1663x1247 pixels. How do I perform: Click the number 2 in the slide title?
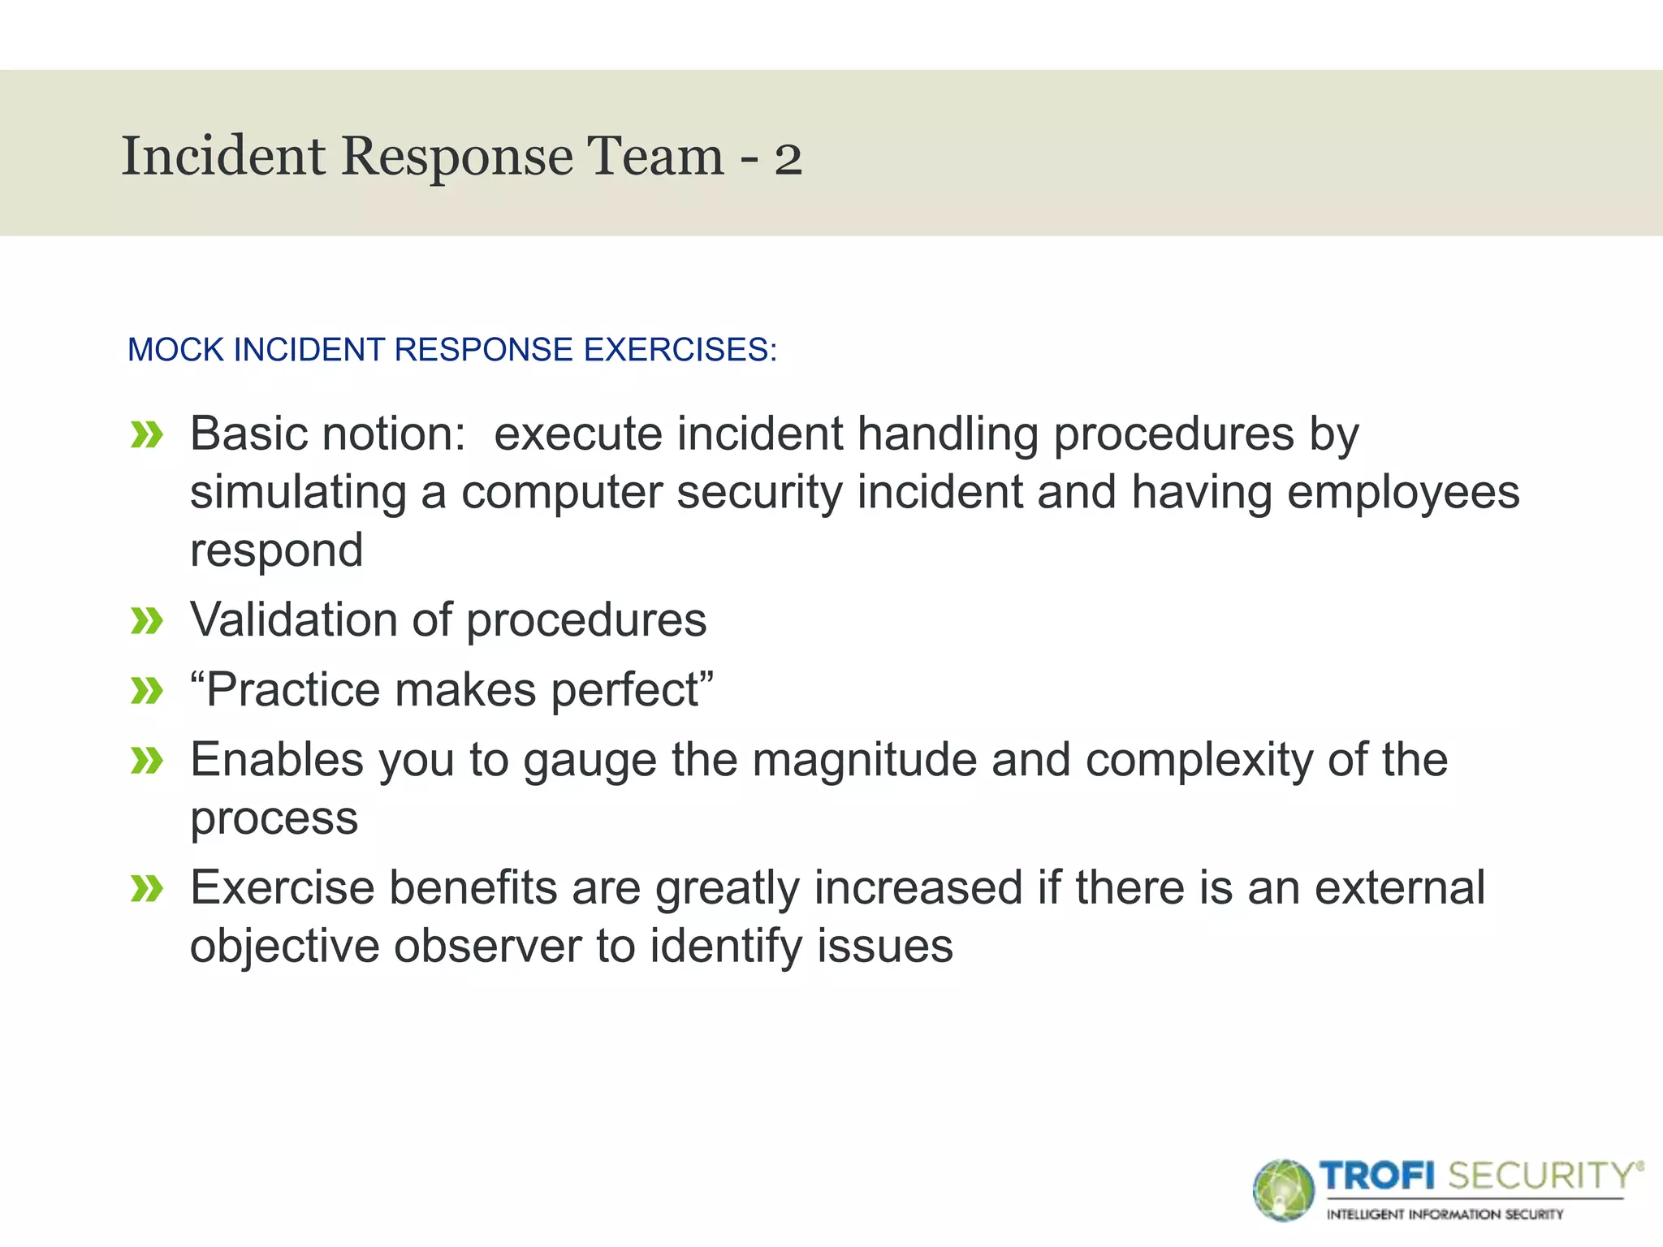(x=788, y=158)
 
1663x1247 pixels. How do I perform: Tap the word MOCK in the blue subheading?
(x=175, y=350)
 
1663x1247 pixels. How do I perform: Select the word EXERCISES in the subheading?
(x=677, y=350)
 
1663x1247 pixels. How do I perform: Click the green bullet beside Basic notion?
(x=147, y=435)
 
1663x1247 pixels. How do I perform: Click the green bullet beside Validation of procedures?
(x=147, y=622)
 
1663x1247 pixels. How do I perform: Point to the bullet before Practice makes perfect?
(x=147, y=692)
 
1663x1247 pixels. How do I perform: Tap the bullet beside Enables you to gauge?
(x=147, y=762)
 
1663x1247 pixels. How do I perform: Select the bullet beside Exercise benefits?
(x=147, y=889)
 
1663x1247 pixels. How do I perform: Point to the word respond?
(x=276, y=552)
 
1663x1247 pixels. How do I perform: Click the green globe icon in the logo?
(x=1282, y=1190)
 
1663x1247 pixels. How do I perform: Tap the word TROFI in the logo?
(x=1377, y=1176)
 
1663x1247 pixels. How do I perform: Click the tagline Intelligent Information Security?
(x=1445, y=1215)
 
